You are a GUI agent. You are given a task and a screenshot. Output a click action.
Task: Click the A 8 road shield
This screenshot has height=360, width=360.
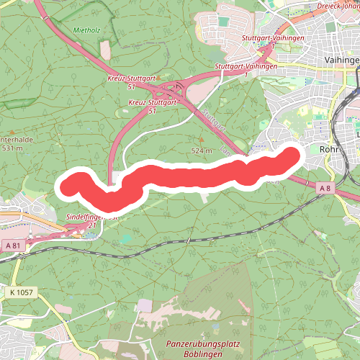(x=326, y=167)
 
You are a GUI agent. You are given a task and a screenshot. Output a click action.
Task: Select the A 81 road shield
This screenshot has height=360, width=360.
(x=13, y=246)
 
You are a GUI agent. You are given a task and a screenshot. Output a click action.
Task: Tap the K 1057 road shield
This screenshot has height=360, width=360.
(x=22, y=293)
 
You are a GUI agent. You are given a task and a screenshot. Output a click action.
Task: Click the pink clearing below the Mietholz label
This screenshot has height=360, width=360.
(x=107, y=49)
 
